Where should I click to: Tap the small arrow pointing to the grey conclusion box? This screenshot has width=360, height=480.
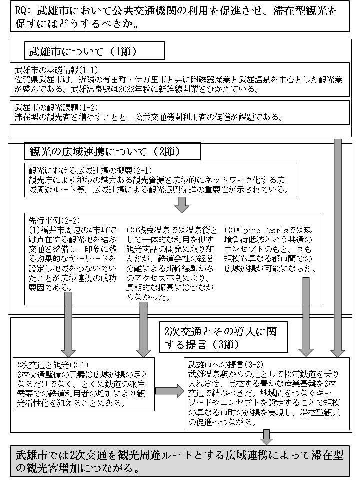[267, 437]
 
